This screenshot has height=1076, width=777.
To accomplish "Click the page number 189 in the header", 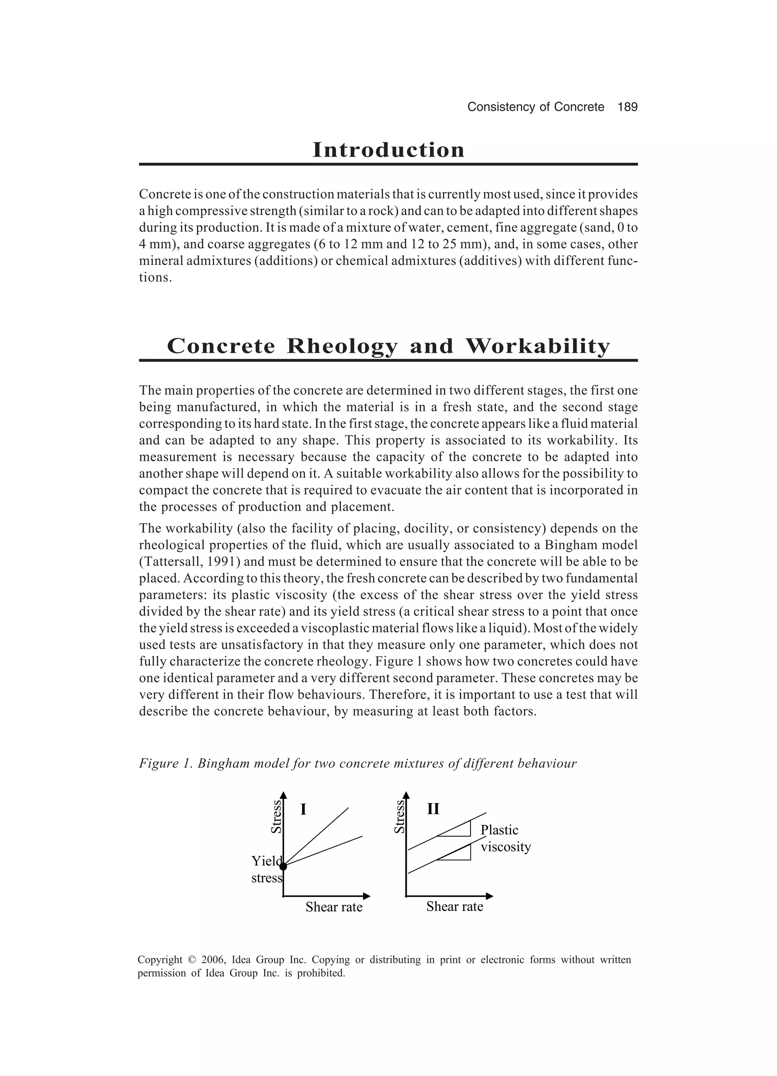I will tap(628, 107).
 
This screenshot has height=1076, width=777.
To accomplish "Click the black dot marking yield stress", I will tap(283, 866).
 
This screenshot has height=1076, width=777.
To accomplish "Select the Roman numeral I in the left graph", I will tap(303, 809).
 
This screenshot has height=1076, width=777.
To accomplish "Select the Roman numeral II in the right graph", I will tap(433, 809).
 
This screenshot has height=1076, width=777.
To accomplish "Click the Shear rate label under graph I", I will tap(334, 907).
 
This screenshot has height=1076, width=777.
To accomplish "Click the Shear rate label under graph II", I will tap(454, 906).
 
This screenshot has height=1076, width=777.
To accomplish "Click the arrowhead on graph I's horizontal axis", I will tap(366, 896).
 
